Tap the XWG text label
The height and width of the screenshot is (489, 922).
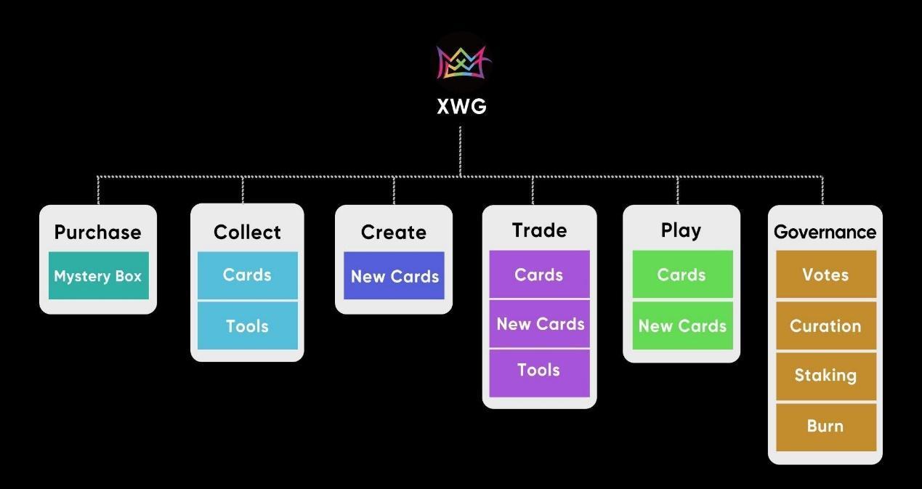[461, 107]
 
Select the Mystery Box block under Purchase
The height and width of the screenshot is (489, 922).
[98, 276]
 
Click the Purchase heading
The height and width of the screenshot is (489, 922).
[98, 232]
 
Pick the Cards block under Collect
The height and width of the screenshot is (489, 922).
[247, 275]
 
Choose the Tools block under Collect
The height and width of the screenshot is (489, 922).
[247, 326]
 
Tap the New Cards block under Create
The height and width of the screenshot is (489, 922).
[394, 276]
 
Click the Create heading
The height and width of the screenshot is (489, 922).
[393, 232]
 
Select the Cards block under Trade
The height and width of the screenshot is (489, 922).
[539, 275]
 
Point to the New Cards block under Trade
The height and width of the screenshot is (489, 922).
[539, 324]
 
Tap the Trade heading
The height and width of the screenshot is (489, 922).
[539, 230]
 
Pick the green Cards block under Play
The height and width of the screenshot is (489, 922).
[682, 275]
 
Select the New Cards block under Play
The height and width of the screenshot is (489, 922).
[682, 326]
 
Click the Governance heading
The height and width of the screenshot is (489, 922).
[825, 232]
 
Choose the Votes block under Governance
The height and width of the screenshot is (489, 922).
[825, 275]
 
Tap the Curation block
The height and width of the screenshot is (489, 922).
[825, 326]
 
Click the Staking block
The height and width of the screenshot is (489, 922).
[825, 376]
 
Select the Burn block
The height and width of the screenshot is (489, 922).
[825, 427]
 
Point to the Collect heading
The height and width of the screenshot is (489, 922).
[247, 232]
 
